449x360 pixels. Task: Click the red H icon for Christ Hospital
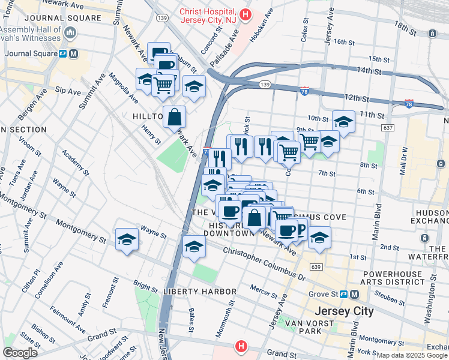click(244, 14)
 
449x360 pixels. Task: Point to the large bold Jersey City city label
click(345, 311)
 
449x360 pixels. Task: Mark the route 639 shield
click(318, 266)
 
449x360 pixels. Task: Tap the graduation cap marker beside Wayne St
click(127, 240)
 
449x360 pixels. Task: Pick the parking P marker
click(299, 228)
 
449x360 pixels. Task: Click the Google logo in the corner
click(20, 353)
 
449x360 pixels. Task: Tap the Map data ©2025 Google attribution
click(412, 355)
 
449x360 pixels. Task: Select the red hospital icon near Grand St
click(241, 346)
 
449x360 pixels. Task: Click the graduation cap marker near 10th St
click(343, 121)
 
